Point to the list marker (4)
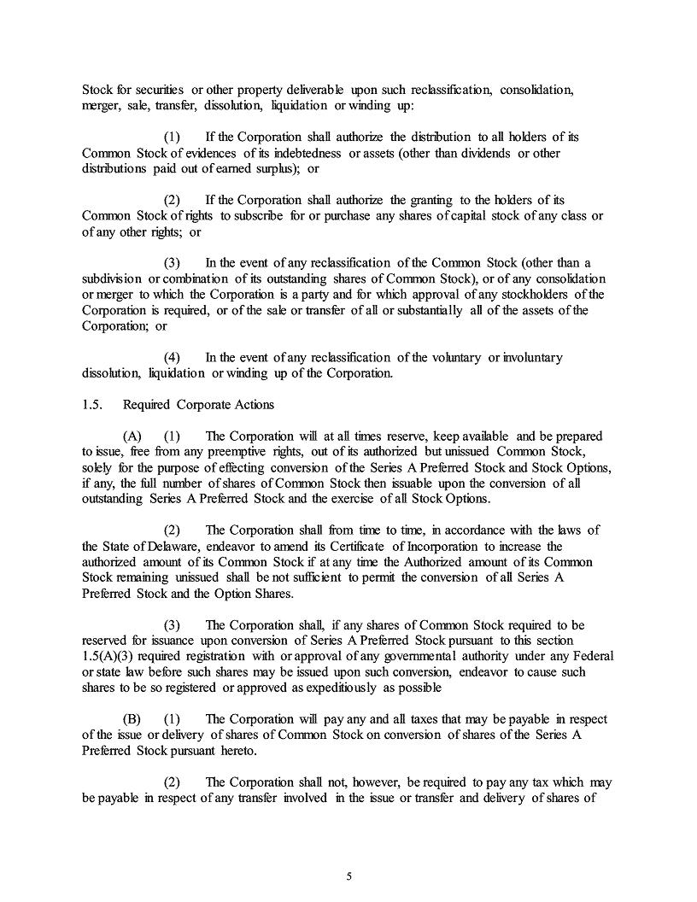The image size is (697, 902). [173, 357]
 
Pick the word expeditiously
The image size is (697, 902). [378, 688]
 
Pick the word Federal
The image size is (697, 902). [585, 656]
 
